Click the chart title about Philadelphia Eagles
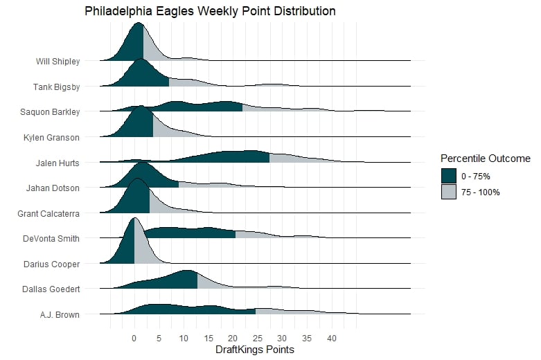click(210, 11)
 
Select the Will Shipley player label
click(57, 62)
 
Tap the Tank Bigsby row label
click(56, 87)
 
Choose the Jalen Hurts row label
click(57, 163)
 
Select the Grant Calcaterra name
click(48, 214)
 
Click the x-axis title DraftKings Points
click(256, 350)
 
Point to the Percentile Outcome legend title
click(485, 159)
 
